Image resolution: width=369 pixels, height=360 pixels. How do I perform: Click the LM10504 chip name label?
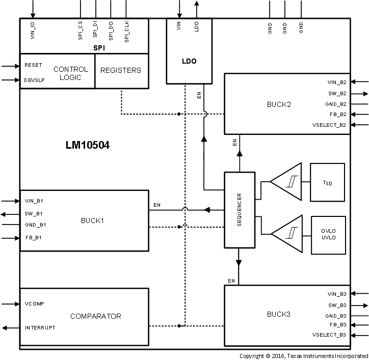point(87,146)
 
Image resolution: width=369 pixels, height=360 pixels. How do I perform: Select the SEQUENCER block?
point(239,209)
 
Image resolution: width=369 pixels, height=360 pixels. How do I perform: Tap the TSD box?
point(327,182)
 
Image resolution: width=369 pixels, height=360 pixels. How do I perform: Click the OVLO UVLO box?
point(328,235)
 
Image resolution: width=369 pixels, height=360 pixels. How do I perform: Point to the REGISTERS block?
point(121,70)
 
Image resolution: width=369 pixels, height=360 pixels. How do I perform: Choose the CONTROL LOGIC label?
point(70,73)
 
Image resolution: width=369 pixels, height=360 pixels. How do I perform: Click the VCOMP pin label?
point(34,304)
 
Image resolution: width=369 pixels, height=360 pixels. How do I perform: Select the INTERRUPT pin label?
point(40,327)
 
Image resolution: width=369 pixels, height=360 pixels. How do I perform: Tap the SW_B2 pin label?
point(337,94)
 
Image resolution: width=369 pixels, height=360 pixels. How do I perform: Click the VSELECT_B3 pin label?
point(329,335)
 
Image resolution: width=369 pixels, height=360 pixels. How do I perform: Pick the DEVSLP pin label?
point(34,80)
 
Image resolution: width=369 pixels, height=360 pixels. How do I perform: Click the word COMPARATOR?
point(96,316)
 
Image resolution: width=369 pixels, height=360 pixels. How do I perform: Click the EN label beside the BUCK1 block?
point(156,205)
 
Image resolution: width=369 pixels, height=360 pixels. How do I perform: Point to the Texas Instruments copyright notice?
point(304,356)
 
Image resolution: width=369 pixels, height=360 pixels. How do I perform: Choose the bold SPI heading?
point(99,48)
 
